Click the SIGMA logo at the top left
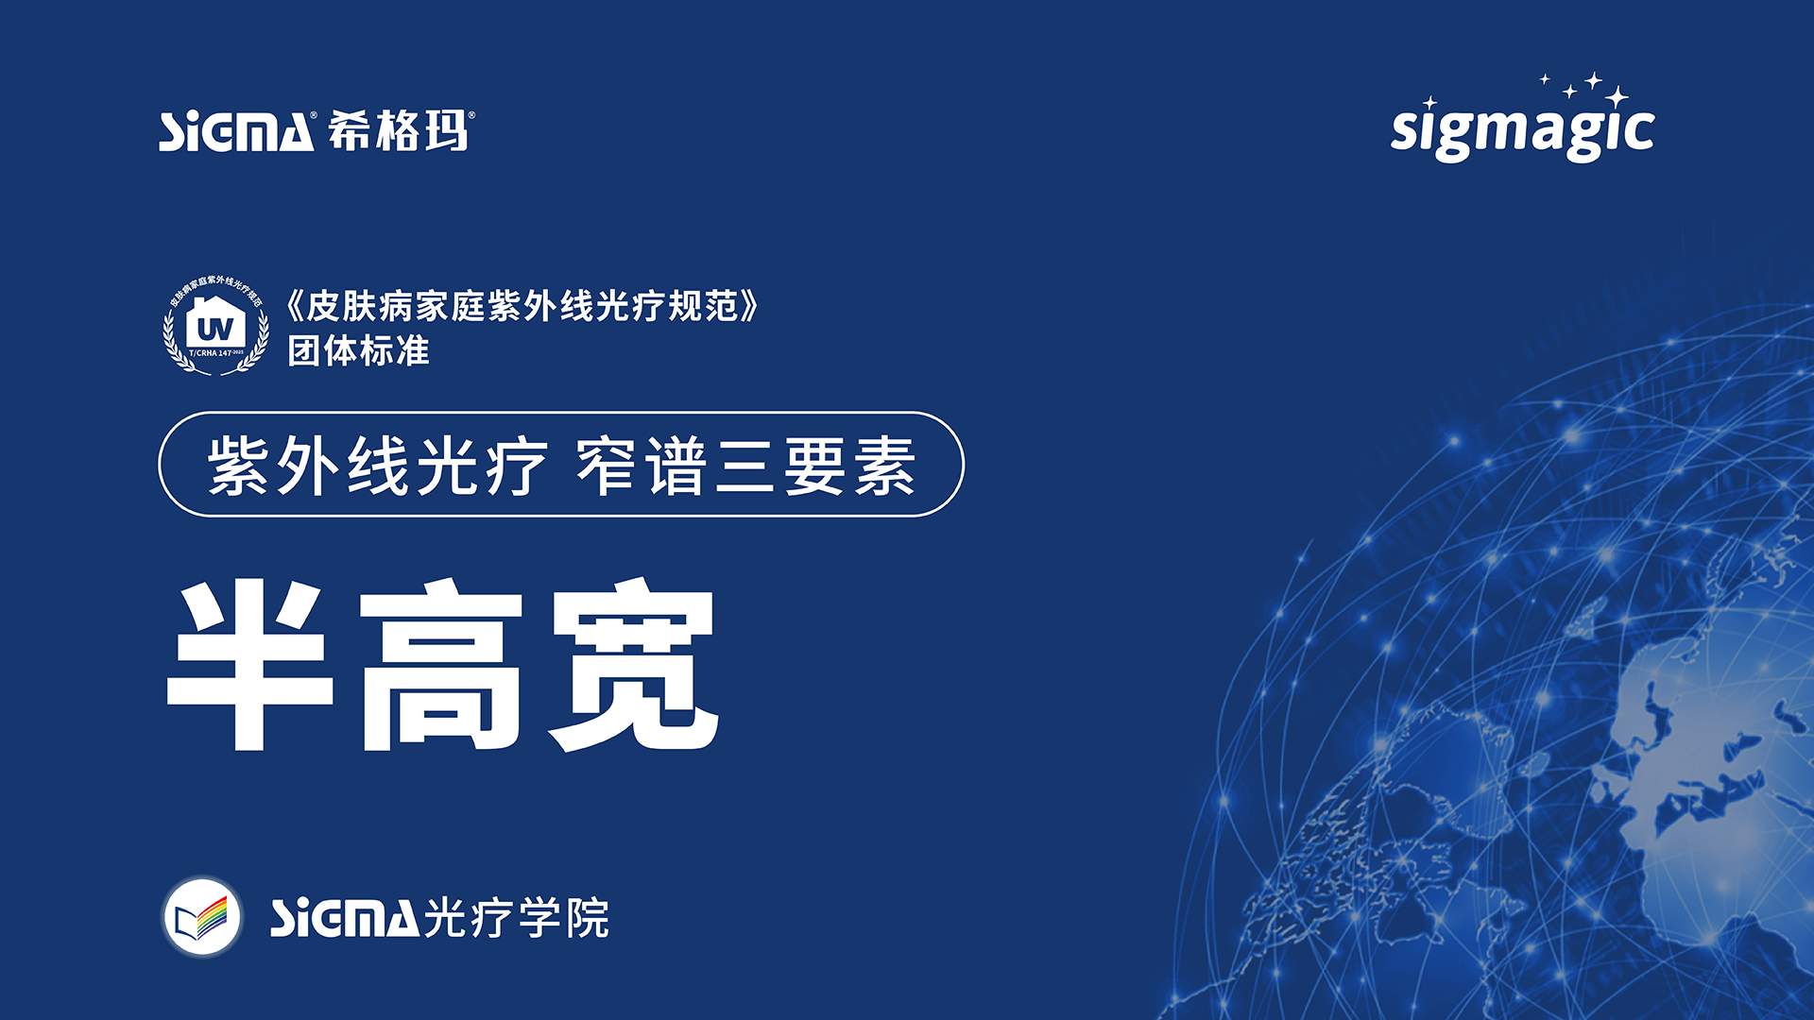(x=236, y=132)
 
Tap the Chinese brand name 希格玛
(x=398, y=130)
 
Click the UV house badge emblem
(x=215, y=327)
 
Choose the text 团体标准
(x=358, y=351)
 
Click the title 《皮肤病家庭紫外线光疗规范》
(x=522, y=306)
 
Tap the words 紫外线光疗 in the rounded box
(x=377, y=466)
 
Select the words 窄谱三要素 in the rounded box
(x=745, y=466)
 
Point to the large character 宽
(x=634, y=666)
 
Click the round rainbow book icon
(x=202, y=917)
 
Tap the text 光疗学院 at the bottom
(x=516, y=918)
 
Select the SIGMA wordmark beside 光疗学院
(x=344, y=918)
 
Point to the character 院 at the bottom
(x=588, y=918)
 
